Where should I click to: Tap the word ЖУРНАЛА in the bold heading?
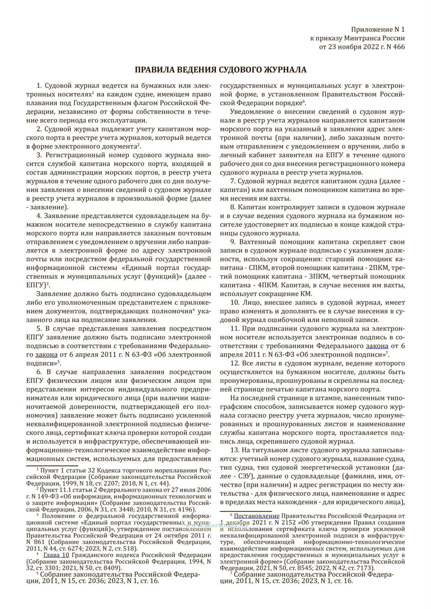(285, 70)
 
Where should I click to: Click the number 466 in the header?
(399, 47)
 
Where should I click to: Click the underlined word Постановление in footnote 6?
(257, 516)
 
